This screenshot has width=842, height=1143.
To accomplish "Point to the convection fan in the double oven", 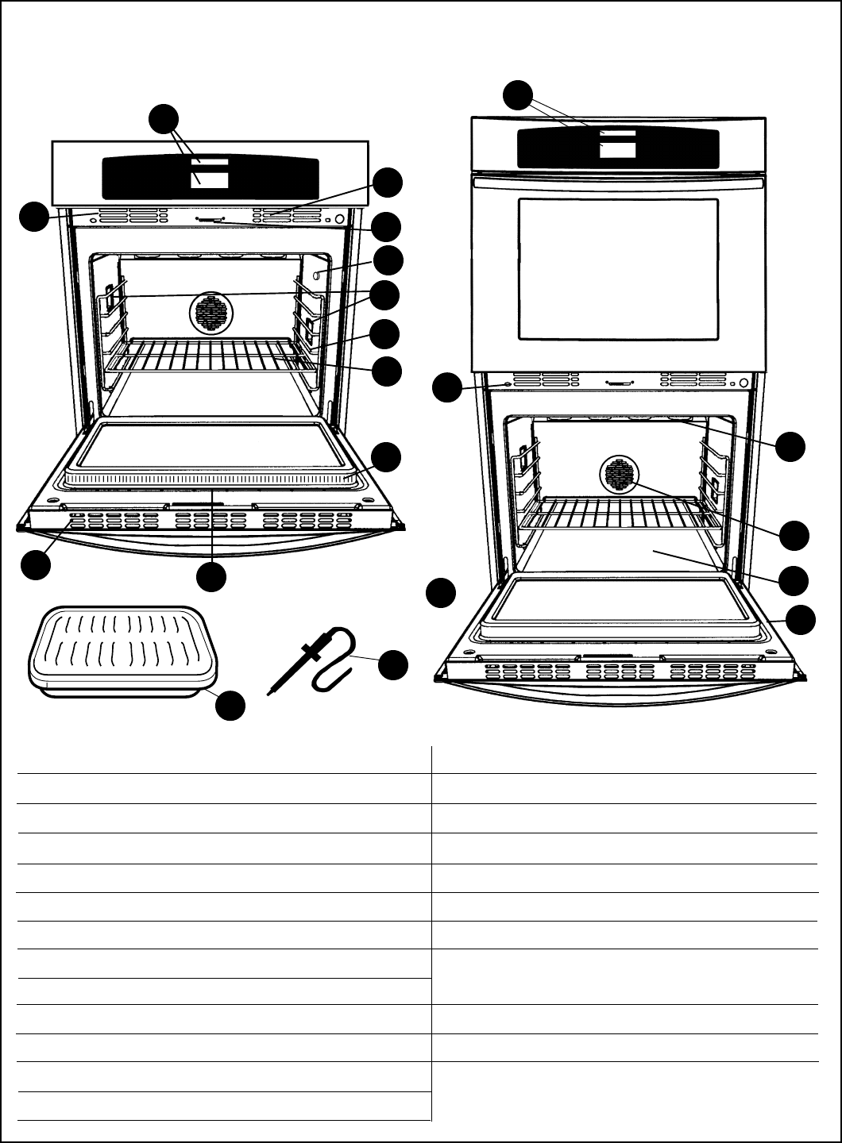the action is [x=617, y=475].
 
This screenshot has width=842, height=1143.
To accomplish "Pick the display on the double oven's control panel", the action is [x=617, y=148].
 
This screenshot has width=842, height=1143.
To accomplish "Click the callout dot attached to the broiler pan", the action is [x=230, y=706].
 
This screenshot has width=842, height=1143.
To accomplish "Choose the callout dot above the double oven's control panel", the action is [x=519, y=94].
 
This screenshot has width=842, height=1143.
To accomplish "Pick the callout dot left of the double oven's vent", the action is [x=446, y=388].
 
